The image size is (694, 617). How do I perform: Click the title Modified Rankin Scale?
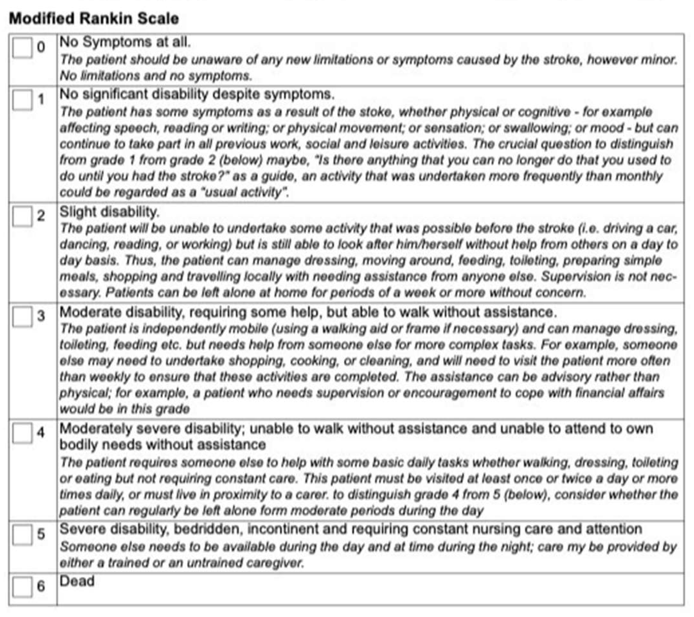(94, 18)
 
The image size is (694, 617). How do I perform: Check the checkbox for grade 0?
(22, 48)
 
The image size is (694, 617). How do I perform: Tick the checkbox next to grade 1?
(22, 100)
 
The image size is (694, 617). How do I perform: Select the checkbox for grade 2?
(22, 216)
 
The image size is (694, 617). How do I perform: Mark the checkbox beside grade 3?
(22, 317)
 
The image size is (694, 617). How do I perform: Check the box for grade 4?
(22, 433)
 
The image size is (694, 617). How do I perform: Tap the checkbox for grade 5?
(22, 534)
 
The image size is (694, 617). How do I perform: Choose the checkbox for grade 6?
(22, 586)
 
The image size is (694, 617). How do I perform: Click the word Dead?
(77, 581)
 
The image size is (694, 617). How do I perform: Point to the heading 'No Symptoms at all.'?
(125, 42)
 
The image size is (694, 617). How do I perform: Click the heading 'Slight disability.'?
(109, 212)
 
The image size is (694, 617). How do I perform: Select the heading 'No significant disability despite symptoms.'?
(197, 94)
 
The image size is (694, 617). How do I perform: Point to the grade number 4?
(41, 433)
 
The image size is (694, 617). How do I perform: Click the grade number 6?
(41, 586)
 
